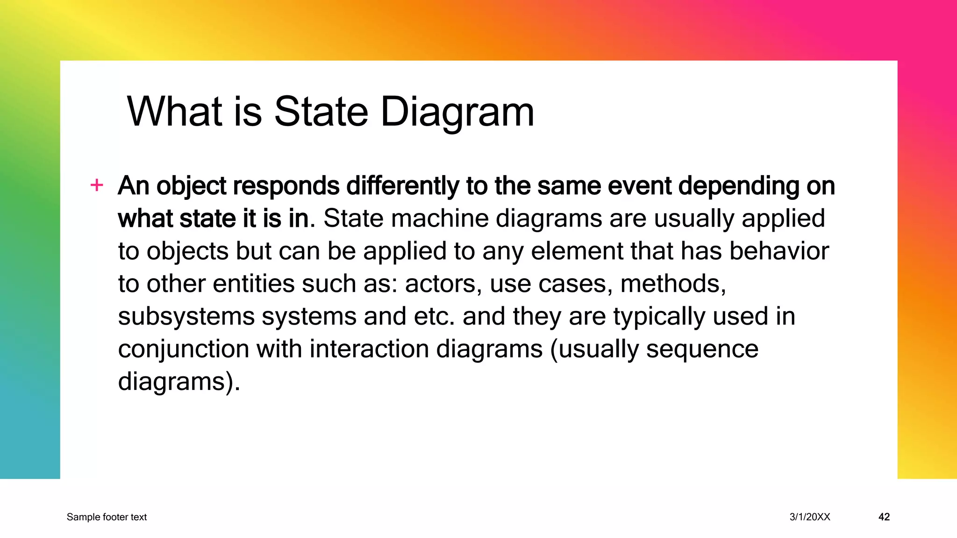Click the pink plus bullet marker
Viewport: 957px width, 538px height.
pos(97,185)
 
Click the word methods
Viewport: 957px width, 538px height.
pos(673,283)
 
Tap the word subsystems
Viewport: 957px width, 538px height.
pos(186,316)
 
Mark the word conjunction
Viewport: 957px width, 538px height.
pos(183,349)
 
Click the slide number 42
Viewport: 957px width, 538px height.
pos(884,517)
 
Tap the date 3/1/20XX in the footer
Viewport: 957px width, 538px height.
pos(810,517)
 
